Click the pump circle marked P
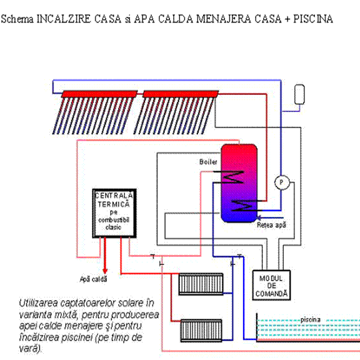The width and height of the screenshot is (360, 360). coord(282,182)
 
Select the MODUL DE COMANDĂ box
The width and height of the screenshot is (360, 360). coord(271,285)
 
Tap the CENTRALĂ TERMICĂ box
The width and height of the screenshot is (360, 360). coord(114,213)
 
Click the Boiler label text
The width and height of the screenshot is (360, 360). coord(208,162)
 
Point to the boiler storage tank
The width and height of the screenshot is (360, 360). coord(239,183)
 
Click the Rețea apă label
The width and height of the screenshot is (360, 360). coord(272,225)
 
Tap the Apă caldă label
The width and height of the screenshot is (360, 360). coord(94,279)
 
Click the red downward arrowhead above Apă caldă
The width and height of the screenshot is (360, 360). coord(105,271)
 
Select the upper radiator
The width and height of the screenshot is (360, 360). coord(201,284)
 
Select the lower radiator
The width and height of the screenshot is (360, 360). coord(201,331)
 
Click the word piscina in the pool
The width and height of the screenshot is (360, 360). coord(311,320)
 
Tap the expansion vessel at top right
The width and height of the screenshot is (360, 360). coord(299,94)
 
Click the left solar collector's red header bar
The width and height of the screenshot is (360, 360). coord(99,94)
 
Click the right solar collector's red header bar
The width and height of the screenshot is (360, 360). coord(181,94)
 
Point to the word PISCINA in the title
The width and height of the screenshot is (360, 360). coord(313,19)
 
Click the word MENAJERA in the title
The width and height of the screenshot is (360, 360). coord(224,19)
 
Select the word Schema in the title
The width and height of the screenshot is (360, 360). coord(17,19)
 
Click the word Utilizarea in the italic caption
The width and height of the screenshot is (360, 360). coord(38,303)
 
